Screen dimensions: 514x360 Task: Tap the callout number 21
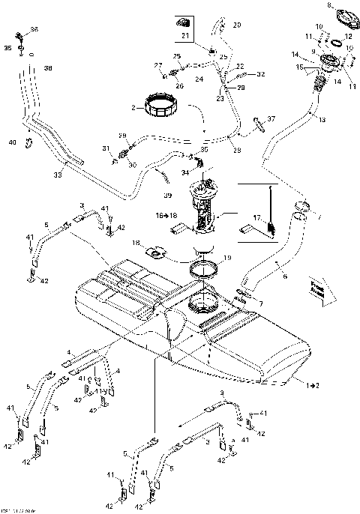pos(185,35)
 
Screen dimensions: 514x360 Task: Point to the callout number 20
pos(237,25)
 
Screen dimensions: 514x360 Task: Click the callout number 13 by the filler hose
pos(322,120)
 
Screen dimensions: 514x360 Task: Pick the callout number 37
pos(271,118)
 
